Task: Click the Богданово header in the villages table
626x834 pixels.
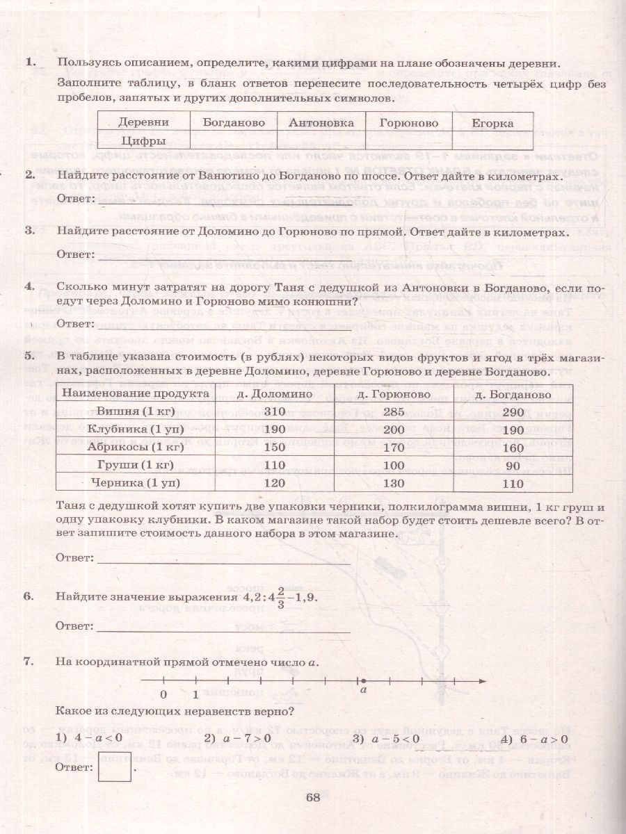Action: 234,123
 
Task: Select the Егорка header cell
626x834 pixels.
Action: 492,123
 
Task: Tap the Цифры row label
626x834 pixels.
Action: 143,140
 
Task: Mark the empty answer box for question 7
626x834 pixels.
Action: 115,767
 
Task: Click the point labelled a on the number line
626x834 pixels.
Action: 362,680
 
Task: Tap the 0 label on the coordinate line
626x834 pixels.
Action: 163,694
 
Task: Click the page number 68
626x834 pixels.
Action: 312,797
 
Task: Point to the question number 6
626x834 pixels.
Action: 29,596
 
